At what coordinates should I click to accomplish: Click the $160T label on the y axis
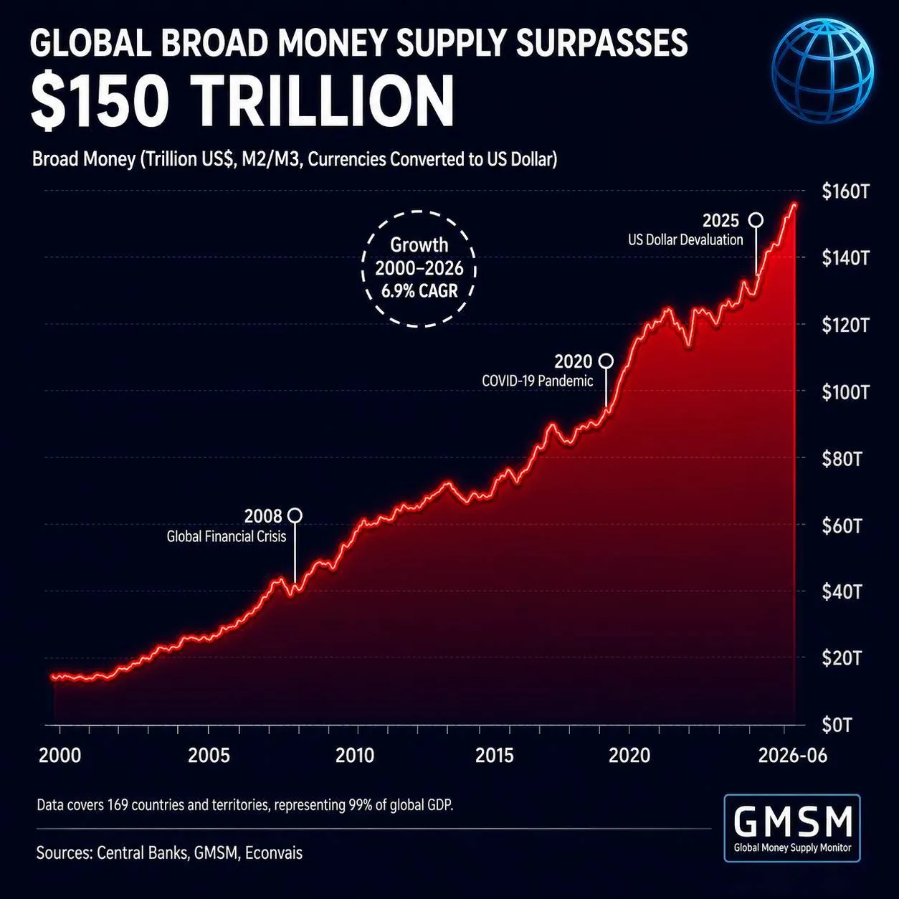(x=845, y=191)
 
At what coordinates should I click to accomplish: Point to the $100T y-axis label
(x=845, y=392)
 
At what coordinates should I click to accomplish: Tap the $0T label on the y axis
(x=837, y=725)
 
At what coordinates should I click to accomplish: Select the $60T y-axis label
(x=841, y=525)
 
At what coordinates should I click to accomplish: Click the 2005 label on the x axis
(x=209, y=756)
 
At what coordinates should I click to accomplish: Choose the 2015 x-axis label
(x=494, y=756)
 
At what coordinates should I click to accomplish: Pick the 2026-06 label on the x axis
(x=793, y=756)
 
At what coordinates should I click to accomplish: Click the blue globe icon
(x=822, y=71)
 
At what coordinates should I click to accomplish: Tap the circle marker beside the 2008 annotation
(x=295, y=515)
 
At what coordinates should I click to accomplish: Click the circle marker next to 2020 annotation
(x=606, y=361)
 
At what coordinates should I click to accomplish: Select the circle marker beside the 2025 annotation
(x=756, y=220)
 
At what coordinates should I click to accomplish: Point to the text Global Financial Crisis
(x=227, y=536)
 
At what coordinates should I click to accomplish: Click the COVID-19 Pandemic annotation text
(x=538, y=381)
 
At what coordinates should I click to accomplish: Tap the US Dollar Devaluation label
(x=685, y=239)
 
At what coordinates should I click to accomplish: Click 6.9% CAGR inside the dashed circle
(x=419, y=291)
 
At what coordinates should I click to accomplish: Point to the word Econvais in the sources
(x=274, y=853)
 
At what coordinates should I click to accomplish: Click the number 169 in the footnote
(x=118, y=805)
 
